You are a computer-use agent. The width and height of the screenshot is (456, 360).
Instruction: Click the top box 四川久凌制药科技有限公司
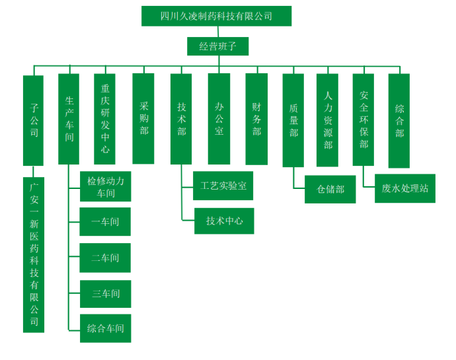216,16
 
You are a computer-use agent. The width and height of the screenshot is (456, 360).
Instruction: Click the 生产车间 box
69,119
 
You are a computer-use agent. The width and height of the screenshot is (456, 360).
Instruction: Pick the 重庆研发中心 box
105,118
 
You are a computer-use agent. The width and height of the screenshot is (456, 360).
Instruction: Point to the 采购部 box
143,118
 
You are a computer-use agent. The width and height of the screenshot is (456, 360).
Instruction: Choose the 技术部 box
181,119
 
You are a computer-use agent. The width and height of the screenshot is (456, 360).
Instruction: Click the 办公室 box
219,119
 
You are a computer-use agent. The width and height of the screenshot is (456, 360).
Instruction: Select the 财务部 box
256,119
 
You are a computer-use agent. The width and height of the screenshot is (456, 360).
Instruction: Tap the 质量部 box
293,119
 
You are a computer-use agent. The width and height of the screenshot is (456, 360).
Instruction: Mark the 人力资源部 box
328,120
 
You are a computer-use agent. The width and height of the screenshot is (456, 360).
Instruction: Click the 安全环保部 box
363,120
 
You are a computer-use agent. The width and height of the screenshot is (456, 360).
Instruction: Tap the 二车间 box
105,258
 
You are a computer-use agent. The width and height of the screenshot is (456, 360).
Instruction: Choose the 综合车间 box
105,328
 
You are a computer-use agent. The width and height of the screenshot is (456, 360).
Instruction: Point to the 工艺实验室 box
223,186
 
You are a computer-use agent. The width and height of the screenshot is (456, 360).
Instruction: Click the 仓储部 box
330,189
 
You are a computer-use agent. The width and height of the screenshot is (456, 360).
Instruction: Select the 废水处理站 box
404,188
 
